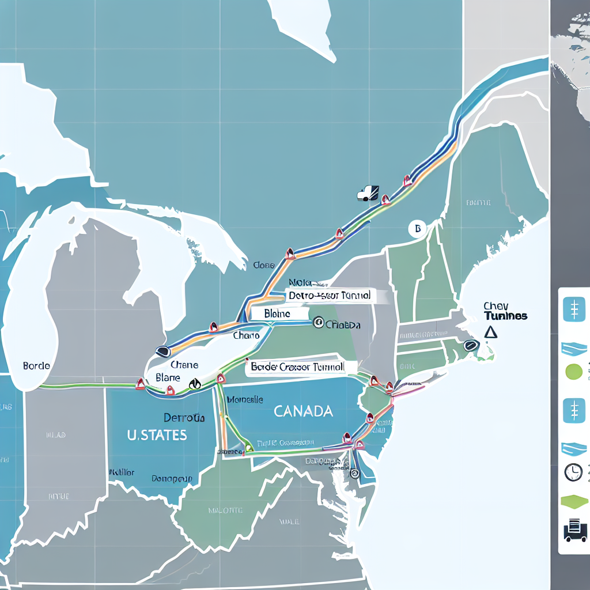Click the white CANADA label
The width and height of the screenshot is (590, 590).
pyautogui.click(x=303, y=411)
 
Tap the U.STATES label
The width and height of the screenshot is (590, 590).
pyautogui.click(x=157, y=434)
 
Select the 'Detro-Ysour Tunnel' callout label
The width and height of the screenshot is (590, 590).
pyautogui.click(x=330, y=296)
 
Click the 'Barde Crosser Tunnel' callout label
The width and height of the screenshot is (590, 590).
pyautogui.click(x=298, y=366)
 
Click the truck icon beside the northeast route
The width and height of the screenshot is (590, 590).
pyautogui.click(x=368, y=193)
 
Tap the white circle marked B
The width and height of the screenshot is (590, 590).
pyautogui.click(x=417, y=229)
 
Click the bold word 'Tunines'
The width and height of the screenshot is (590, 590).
pyautogui.click(x=505, y=316)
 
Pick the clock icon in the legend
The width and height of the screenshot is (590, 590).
pyautogui.click(x=573, y=472)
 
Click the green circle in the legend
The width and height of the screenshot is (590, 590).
pyautogui.click(x=574, y=372)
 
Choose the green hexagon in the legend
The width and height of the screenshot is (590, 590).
pyautogui.click(x=574, y=502)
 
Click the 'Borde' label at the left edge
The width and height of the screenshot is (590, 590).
pyautogui.click(x=36, y=365)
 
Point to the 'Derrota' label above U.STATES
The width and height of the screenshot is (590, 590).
pyautogui.click(x=184, y=418)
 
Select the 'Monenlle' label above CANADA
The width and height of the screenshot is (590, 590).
pyautogui.click(x=246, y=399)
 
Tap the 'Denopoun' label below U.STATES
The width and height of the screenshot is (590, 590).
pyautogui.click(x=171, y=478)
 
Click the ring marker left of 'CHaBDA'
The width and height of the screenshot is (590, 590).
pyautogui.click(x=317, y=324)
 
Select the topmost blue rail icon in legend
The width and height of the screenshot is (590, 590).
pyautogui.click(x=574, y=310)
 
